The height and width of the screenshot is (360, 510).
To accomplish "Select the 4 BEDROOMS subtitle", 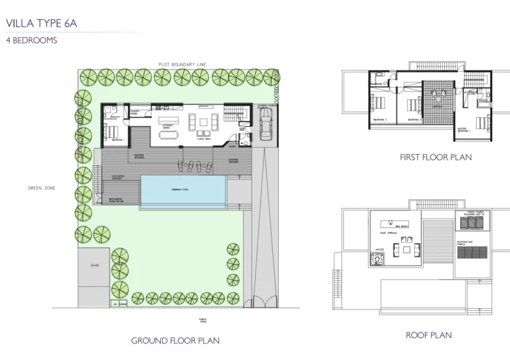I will pyautogui.click(x=31, y=40).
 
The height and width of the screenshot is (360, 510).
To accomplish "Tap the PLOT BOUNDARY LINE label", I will pyautogui.click(x=182, y=64).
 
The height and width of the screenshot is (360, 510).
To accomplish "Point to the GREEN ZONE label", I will pyautogui.click(x=42, y=188).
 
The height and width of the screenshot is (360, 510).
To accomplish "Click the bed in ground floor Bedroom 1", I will pyautogui.click(x=110, y=129).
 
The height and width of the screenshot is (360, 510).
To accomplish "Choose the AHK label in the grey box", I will pyautogui.click(x=94, y=265).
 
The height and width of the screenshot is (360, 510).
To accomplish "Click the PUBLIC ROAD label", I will pyautogui.click(x=203, y=319).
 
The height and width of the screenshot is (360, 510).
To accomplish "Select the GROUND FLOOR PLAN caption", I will pyautogui.click(x=175, y=341).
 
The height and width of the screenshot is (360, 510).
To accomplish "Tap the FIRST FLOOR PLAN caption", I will pyautogui.click(x=435, y=157).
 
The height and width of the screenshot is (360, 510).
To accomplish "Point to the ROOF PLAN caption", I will pyautogui.click(x=428, y=335).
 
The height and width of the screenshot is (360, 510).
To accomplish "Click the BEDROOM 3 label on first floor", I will pyautogui.click(x=379, y=120).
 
